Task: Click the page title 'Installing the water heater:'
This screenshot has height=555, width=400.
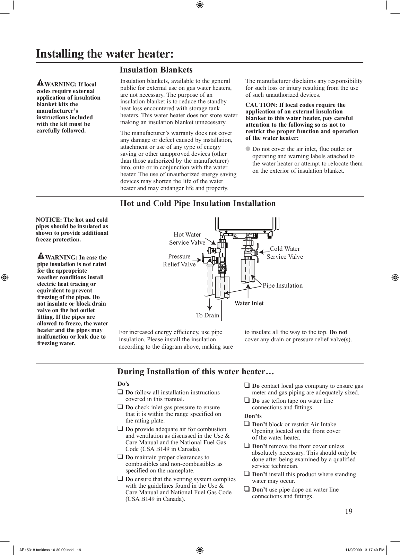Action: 105,54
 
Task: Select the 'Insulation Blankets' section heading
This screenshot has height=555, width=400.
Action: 156,70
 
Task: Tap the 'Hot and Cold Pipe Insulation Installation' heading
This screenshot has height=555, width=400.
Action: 198,204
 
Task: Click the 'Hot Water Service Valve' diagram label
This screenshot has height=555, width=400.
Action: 187,239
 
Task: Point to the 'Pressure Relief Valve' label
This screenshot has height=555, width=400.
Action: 179,261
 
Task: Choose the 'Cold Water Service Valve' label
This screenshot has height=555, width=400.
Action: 285,253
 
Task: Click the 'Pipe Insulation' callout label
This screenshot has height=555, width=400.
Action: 282,285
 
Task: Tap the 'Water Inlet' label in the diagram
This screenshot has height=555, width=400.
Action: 249,304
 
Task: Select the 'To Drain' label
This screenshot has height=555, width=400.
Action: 207,315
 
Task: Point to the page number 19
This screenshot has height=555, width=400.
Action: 349,512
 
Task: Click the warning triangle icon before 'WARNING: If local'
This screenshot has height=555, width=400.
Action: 40,83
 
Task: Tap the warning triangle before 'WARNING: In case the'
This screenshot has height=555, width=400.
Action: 41,256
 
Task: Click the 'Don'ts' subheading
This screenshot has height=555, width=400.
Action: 253,416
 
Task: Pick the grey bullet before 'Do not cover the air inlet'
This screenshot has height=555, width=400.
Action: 248,149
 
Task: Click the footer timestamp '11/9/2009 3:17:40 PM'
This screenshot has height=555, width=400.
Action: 365,550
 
